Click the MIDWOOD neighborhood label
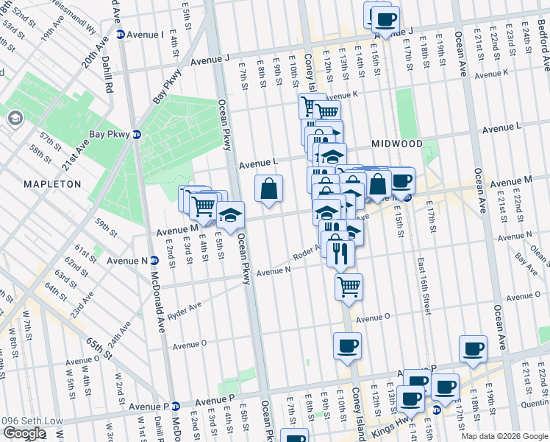point(396,144)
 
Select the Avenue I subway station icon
point(120,35)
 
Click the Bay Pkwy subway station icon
point(136,135)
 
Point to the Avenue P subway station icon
point(176,406)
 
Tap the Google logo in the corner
point(24,433)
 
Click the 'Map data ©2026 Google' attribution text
point(504,436)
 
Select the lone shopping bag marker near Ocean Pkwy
point(269,188)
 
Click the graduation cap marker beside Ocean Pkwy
point(231,215)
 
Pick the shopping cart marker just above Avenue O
point(349,286)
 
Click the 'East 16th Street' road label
point(424,284)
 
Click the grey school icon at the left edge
point(15,119)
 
